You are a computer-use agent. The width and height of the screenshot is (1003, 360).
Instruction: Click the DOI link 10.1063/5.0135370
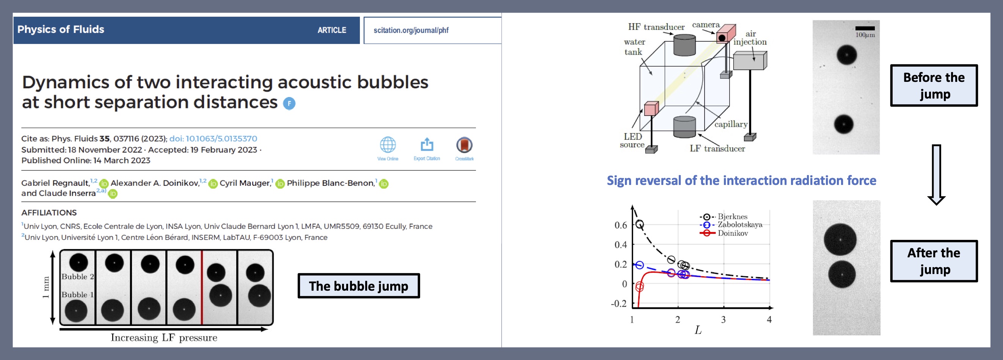[x=213, y=139]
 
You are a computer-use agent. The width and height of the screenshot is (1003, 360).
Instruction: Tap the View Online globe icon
[x=388, y=145]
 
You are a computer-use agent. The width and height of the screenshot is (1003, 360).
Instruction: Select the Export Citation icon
[x=427, y=144]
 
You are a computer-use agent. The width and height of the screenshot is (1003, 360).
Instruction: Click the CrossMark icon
[x=464, y=145]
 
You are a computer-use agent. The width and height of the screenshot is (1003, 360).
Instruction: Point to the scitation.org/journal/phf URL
[x=411, y=30]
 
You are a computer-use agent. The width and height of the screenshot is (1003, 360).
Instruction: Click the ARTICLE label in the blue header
[x=332, y=30]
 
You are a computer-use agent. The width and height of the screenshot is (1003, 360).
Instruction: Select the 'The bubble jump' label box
[x=359, y=286]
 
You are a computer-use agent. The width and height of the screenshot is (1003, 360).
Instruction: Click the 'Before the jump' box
[x=934, y=86]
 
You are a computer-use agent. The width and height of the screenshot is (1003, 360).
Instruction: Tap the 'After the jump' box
[x=934, y=261]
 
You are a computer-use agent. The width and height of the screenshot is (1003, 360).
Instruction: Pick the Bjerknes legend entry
[x=724, y=216]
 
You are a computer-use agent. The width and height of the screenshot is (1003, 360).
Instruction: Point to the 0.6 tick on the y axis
[x=621, y=225]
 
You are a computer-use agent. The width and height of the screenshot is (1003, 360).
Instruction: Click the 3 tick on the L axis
[x=724, y=319]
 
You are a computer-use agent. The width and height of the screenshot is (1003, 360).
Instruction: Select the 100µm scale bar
[x=865, y=28]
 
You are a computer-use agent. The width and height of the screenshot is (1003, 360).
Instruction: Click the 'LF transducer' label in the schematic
[x=717, y=148]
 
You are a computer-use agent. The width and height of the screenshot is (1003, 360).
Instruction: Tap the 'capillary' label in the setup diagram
[x=731, y=124]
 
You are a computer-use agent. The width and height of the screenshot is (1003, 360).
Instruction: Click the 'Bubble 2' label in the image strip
[x=77, y=277]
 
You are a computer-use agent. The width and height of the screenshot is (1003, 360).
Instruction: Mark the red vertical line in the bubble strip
[x=202, y=288]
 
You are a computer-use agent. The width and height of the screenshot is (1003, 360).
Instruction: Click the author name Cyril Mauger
[x=245, y=183]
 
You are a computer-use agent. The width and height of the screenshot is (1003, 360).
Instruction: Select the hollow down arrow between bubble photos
[x=936, y=175]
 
